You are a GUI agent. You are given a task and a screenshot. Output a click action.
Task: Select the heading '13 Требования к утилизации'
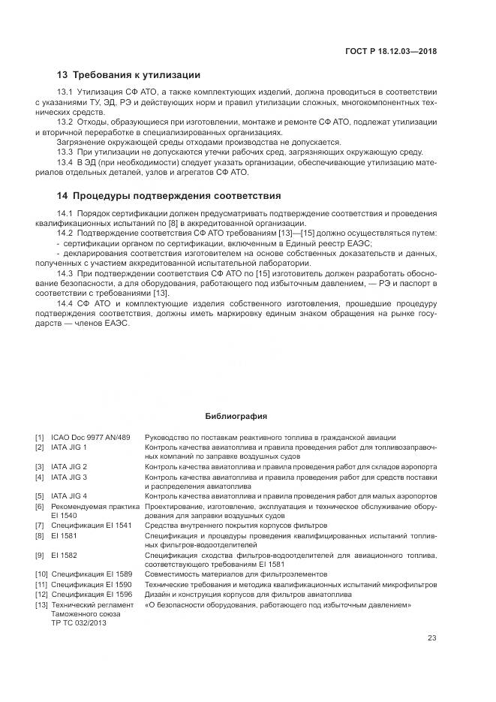point(128,75)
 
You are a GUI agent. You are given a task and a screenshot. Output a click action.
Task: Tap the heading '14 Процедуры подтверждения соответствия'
point(169,196)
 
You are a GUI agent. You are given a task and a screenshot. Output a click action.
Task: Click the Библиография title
point(236,416)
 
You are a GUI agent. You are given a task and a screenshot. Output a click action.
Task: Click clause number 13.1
point(65,92)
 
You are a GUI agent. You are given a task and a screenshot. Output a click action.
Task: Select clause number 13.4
point(65,162)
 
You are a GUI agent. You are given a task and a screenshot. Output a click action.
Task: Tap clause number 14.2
point(65,233)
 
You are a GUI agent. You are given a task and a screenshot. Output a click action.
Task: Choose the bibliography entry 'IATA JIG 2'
point(69,467)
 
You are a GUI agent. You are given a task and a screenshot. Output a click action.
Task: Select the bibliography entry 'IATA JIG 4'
point(69,496)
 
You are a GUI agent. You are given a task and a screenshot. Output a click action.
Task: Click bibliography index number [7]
point(39,526)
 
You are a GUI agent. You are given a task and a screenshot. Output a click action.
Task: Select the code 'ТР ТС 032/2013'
point(80,623)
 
